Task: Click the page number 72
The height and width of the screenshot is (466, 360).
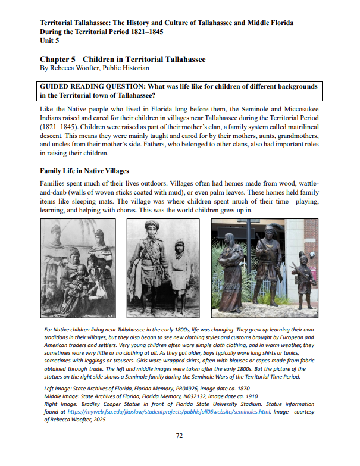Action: (x=179, y=436)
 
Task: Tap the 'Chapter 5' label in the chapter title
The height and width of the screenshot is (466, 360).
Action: (x=57, y=60)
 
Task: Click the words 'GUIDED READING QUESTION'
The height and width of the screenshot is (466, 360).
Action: (x=91, y=87)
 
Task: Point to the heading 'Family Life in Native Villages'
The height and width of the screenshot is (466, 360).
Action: (x=84, y=171)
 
